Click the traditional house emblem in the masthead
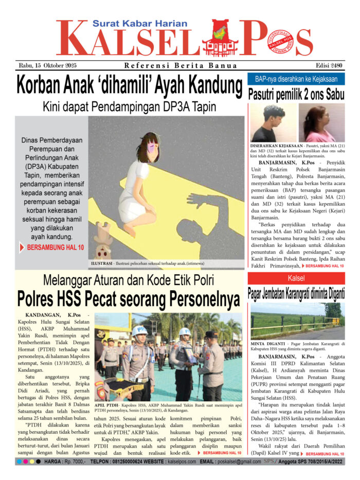pyautogui.click(x=220, y=39)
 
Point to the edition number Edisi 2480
pyautogui.click(x=329, y=65)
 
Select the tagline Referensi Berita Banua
pyautogui.click(x=181, y=65)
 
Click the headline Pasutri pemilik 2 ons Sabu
pyautogui.click(x=296, y=95)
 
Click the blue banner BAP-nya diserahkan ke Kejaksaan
pyautogui.click(x=296, y=79)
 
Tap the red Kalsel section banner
pyautogui.click(x=296, y=278)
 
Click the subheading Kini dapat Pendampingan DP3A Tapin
pyautogui.click(x=129, y=107)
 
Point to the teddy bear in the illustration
pyautogui.click(x=103, y=242)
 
